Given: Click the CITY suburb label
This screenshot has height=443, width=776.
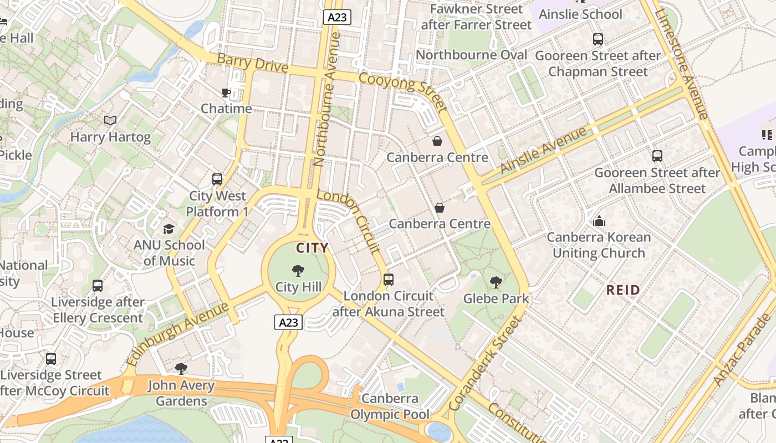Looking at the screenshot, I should [x=312, y=248].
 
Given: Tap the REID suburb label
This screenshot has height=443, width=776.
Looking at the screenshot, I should [x=623, y=290].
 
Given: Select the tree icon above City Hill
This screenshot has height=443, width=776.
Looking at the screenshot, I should [x=298, y=271].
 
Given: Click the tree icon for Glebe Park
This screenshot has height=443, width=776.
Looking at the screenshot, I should [x=496, y=282].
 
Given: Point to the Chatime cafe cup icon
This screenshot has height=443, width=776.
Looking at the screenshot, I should [x=226, y=92].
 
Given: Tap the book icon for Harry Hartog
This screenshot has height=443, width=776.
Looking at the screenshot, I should [x=110, y=120].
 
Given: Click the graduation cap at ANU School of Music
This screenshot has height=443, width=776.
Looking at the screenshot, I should [x=169, y=229].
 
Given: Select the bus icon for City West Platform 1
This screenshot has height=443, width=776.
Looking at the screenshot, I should [x=217, y=179].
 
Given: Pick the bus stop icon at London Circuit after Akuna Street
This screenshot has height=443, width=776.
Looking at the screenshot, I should [x=389, y=280].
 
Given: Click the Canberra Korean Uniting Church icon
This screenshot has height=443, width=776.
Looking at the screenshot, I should [x=599, y=221].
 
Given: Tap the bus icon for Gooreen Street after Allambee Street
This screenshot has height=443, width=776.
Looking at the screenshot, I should [x=657, y=156].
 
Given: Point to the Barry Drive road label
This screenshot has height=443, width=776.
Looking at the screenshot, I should [x=252, y=63].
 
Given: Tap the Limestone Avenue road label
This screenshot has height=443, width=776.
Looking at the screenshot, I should [x=681, y=64].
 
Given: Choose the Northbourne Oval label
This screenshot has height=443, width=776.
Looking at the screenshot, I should [x=471, y=55].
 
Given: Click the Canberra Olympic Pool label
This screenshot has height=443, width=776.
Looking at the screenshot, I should [x=390, y=406].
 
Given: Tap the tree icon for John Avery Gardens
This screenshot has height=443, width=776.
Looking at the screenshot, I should [x=181, y=369].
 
